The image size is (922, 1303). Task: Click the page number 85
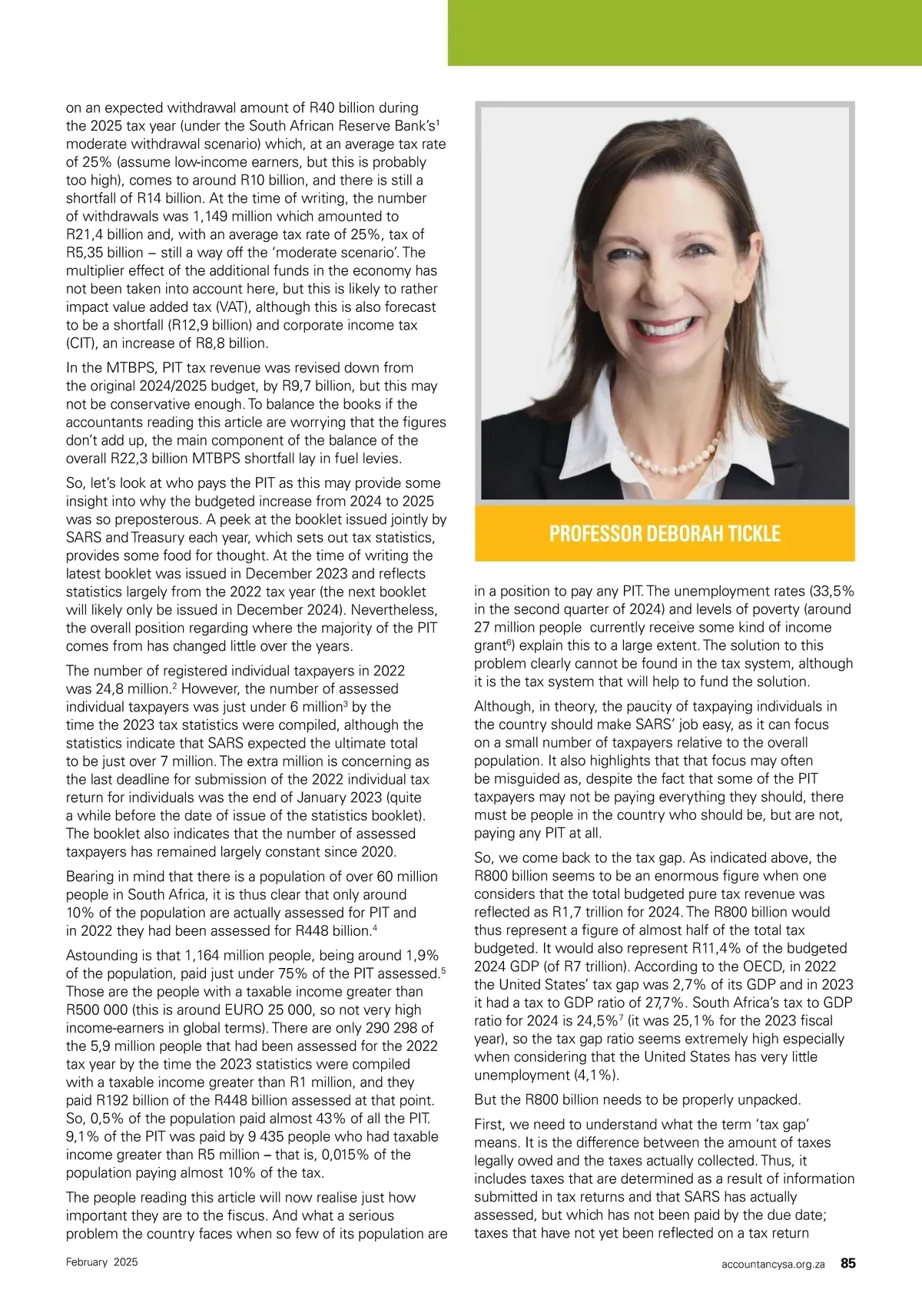(x=848, y=1262)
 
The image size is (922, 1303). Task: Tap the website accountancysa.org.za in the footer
(x=773, y=1263)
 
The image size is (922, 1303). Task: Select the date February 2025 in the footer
(x=102, y=1262)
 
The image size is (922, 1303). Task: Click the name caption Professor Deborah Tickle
(x=665, y=533)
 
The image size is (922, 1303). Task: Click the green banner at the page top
(x=685, y=32)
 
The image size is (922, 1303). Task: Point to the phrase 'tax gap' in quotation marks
(x=791, y=1124)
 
